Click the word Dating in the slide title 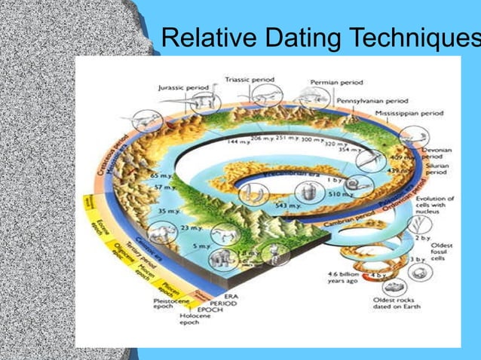tap(295, 38)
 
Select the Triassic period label tap(250, 79)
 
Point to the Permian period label tap(336, 82)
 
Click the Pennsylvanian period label tap(372, 99)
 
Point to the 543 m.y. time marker tap(288, 206)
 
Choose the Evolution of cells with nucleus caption tap(435, 208)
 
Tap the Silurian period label tap(435, 167)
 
